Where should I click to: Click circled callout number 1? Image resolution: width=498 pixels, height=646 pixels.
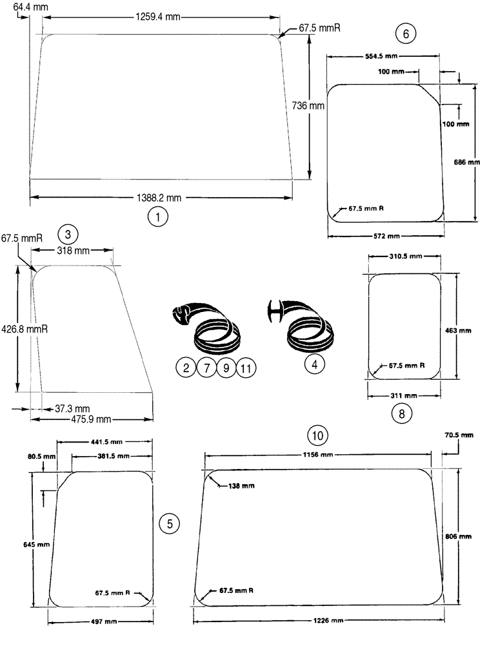157,217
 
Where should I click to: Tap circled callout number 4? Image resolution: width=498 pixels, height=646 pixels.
314,364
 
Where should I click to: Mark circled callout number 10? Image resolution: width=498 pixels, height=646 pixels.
317,435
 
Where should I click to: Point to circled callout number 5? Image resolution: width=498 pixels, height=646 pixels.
169,524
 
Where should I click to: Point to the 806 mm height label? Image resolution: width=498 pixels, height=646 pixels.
459,536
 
